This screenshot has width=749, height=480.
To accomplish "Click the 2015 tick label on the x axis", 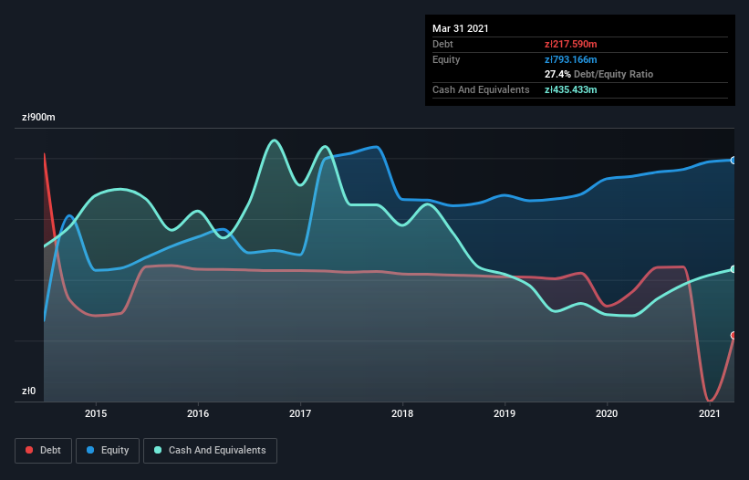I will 96,413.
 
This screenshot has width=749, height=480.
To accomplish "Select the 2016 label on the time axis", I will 198,413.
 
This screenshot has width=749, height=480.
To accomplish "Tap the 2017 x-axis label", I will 300,413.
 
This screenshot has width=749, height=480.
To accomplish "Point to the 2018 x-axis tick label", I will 402,413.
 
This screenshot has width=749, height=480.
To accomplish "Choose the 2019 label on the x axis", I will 505,413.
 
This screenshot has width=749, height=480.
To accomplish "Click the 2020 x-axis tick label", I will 607,413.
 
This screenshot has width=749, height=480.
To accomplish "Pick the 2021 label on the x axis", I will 709,413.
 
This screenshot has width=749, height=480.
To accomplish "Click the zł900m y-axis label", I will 38,118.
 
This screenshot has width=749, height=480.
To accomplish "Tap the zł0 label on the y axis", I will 28,391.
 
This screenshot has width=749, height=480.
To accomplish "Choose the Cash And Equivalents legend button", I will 210,450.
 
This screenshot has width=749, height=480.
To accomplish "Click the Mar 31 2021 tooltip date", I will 461,28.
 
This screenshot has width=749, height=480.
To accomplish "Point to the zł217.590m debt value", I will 571,44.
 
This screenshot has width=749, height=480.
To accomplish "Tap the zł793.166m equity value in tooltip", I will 571,59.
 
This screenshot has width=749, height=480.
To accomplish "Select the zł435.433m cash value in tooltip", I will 571,89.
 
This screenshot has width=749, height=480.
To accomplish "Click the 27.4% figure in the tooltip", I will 556,74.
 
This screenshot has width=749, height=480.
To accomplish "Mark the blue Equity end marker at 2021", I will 733,161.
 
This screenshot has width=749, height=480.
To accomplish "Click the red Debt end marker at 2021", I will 733,336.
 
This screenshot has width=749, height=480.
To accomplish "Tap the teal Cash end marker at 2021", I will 733,269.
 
